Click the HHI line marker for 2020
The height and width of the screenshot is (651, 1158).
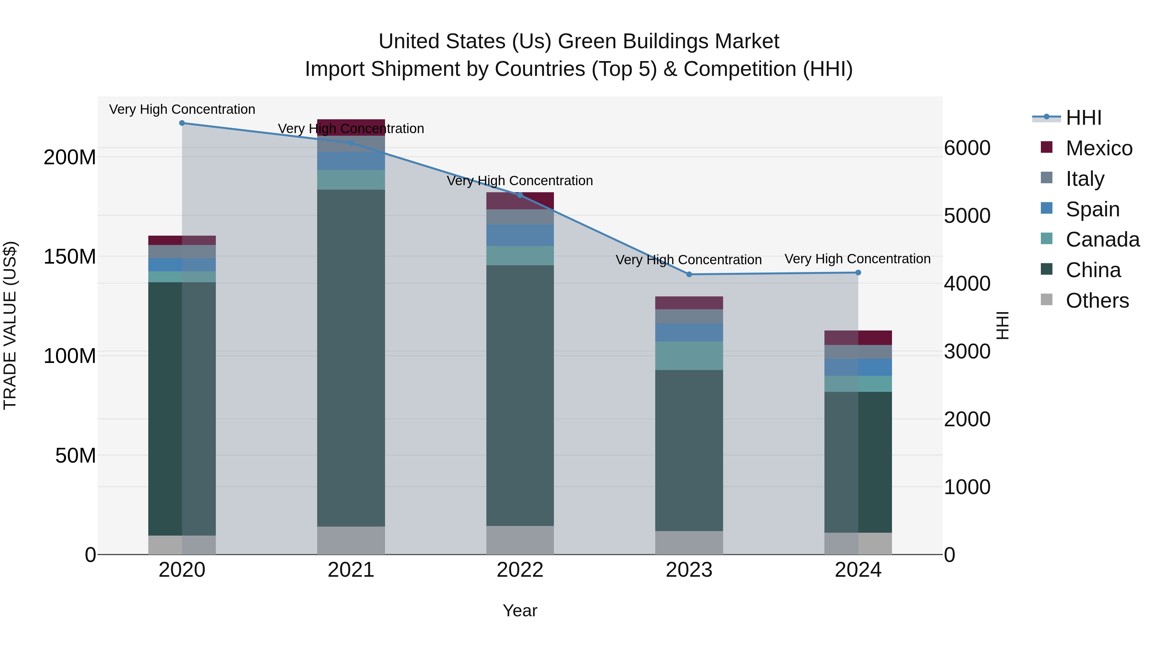pyautogui.click(x=182, y=123)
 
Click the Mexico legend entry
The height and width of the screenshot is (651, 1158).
pyautogui.click(x=1099, y=148)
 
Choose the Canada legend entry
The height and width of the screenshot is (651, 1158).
pyautogui.click(x=1102, y=240)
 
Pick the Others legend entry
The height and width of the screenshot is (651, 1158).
pyautogui.click(x=1097, y=301)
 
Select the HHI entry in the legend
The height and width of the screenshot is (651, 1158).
pyautogui.click(x=1083, y=118)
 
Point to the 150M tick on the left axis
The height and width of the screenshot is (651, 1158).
pyautogui.click(x=70, y=257)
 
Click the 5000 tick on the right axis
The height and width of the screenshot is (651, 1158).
pyautogui.click(x=967, y=216)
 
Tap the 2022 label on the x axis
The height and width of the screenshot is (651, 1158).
pyautogui.click(x=520, y=570)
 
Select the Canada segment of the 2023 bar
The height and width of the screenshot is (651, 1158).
pyautogui.click(x=689, y=356)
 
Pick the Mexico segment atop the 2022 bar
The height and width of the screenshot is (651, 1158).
pyautogui.click(x=520, y=201)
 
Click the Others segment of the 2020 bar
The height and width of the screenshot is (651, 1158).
pyautogui.click(x=182, y=545)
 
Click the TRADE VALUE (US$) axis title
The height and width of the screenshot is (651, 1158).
pyautogui.click(x=10, y=325)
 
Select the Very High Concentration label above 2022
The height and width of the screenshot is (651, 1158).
pyautogui.click(x=520, y=181)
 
